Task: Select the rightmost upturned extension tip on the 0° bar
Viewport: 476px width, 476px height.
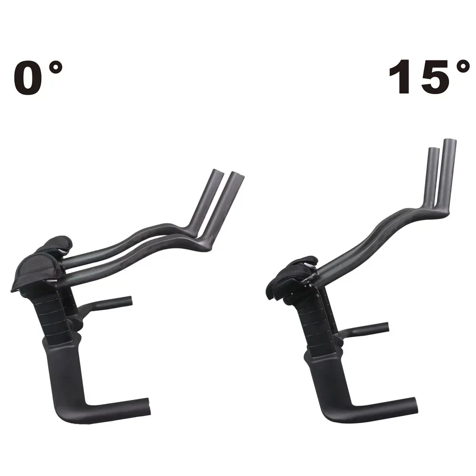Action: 237,177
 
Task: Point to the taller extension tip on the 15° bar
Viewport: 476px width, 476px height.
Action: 449,144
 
